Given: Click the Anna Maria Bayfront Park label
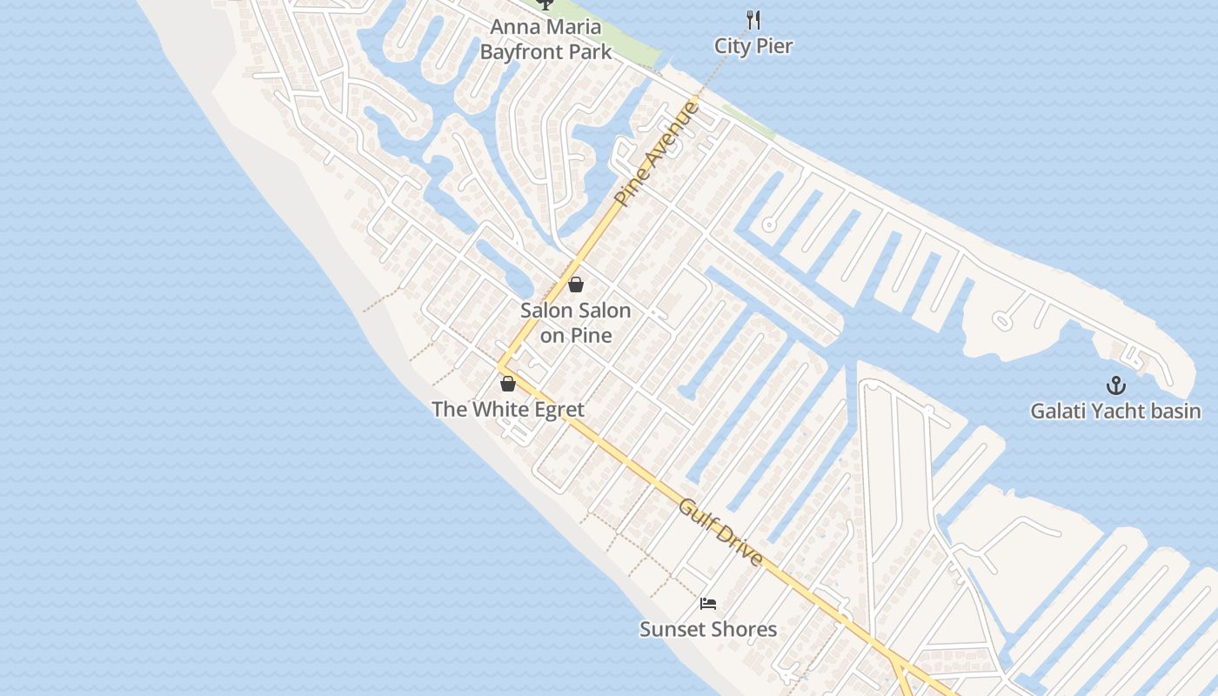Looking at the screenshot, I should point(545,39).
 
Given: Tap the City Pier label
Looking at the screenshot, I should point(753,46).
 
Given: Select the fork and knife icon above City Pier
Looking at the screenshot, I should point(753,19).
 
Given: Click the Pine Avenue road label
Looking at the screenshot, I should point(656,154).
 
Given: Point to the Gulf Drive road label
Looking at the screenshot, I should point(721,532).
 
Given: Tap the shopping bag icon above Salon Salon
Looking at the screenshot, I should point(576,284).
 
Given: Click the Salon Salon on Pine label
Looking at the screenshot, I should point(576,323).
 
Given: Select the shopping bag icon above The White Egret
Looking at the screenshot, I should point(508,384).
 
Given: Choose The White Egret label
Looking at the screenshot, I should point(508,409).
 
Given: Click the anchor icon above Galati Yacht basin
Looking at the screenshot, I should point(1115,385).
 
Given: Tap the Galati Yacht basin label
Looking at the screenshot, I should point(1115,411).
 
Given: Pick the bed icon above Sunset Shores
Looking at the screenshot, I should point(708,604).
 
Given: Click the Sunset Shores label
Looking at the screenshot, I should point(708,629).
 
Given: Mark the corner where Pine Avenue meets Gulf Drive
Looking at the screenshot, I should point(502,366).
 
